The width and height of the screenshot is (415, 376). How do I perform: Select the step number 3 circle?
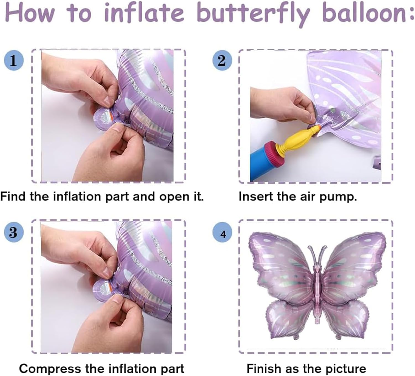[x=14, y=232]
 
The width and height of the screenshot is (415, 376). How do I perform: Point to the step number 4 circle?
[x=223, y=234]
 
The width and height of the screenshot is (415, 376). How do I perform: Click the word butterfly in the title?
[x=255, y=13]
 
